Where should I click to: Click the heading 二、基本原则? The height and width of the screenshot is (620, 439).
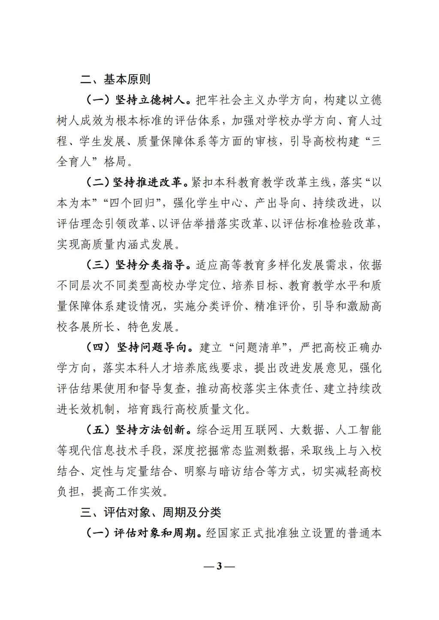point(115,80)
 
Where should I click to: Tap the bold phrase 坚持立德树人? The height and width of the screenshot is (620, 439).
point(150,100)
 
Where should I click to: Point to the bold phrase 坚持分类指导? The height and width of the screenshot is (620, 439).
point(150,265)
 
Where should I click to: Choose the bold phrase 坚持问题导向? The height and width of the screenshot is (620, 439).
point(150,347)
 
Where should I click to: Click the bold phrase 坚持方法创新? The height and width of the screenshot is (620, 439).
point(150,429)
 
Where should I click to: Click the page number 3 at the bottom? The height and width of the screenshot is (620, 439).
point(219,566)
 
